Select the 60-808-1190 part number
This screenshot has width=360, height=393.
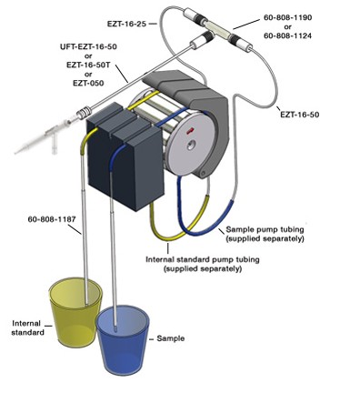coord(287,17)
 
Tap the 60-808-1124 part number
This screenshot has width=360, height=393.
coord(287,35)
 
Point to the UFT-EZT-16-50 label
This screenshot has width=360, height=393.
coord(88,47)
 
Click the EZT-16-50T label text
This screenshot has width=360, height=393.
coord(88,65)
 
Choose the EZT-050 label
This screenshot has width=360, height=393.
coord(88,83)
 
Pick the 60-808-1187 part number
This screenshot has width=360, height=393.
coord(52,219)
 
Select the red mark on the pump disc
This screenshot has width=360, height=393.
coord(191,131)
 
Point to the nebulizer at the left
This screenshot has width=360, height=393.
coord(45,136)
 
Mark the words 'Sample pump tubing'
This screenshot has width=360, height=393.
coord(265,229)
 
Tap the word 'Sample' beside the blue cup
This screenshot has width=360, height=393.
coord(171,338)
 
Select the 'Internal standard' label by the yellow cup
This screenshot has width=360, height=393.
coord(27,327)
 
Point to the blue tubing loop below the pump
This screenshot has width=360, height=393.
coord(206,212)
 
